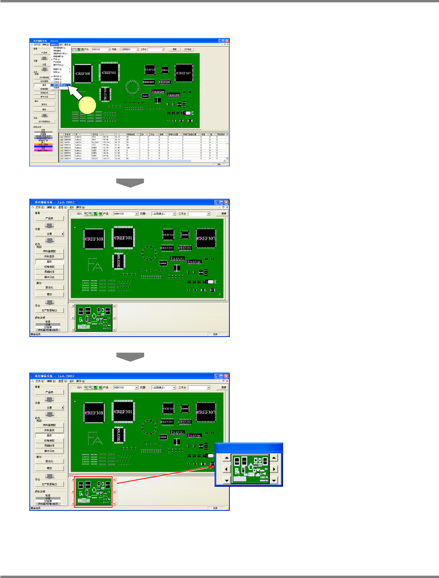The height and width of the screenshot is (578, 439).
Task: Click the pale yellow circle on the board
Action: coord(87,105)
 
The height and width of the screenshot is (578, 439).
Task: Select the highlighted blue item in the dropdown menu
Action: coord(59,85)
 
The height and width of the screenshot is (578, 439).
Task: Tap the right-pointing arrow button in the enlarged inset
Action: coord(274,469)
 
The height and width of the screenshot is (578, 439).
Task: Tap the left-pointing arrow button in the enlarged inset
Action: coord(226,469)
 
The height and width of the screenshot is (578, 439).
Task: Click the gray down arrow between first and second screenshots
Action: coord(130,183)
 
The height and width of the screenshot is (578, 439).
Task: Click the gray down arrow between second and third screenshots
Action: coord(130,357)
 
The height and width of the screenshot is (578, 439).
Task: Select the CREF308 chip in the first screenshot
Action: coord(83,73)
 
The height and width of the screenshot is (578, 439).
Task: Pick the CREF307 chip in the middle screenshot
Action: coord(206,238)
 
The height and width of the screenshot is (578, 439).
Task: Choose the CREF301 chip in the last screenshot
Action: coord(123,412)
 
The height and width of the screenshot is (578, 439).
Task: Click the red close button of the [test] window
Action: coord(227,41)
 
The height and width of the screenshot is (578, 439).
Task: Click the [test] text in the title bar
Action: coord(54,41)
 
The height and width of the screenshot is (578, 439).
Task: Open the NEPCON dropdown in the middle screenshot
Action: coord(137,214)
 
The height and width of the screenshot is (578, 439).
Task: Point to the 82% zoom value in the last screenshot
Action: coord(79,388)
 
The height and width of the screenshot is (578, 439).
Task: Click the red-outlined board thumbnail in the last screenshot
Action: coord(93,492)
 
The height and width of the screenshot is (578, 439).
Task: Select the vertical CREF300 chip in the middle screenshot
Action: coord(119,261)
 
